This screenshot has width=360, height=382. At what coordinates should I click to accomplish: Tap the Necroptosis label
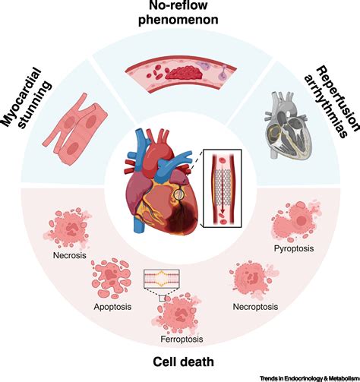[x=253, y=307]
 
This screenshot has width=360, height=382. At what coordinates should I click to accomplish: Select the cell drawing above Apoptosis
[x=114, y=275]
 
